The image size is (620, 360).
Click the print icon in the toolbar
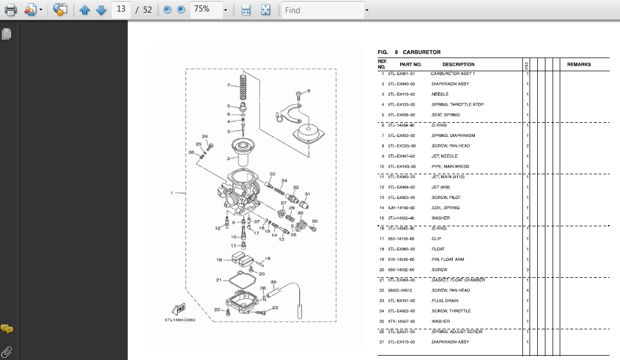10,10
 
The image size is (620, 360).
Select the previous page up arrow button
84,10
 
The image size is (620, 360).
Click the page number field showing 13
121,9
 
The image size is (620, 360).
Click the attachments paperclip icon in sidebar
7,351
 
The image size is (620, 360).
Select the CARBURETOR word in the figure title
422,53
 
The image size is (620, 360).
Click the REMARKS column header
579,65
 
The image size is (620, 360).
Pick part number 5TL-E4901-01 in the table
401,73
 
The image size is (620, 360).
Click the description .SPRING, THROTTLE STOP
457,105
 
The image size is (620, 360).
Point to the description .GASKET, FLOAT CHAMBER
458,280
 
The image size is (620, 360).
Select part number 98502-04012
400,290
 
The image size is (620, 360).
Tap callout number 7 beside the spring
229,85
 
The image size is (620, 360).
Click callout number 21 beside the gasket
218,280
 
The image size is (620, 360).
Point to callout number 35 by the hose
273,282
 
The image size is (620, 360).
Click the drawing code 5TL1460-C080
180,320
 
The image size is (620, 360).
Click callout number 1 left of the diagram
172,193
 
